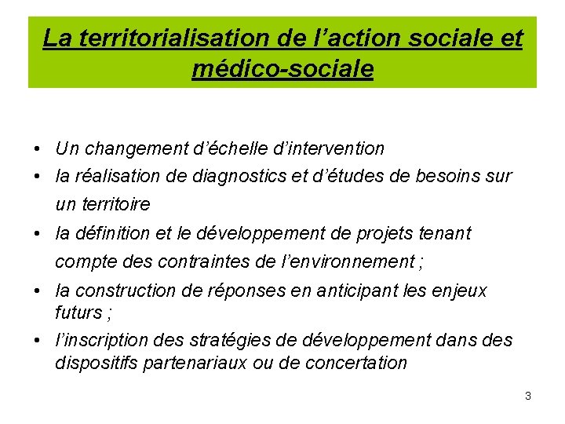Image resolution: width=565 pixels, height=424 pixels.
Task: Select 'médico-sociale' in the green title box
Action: pos(282,70)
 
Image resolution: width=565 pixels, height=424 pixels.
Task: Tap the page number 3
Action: pos(528,396)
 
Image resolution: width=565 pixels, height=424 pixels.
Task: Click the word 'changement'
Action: pos(137,148)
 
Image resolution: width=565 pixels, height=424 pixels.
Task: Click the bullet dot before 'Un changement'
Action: pos(38,149)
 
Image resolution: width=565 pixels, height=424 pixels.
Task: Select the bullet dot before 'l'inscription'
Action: pos(38,342)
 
